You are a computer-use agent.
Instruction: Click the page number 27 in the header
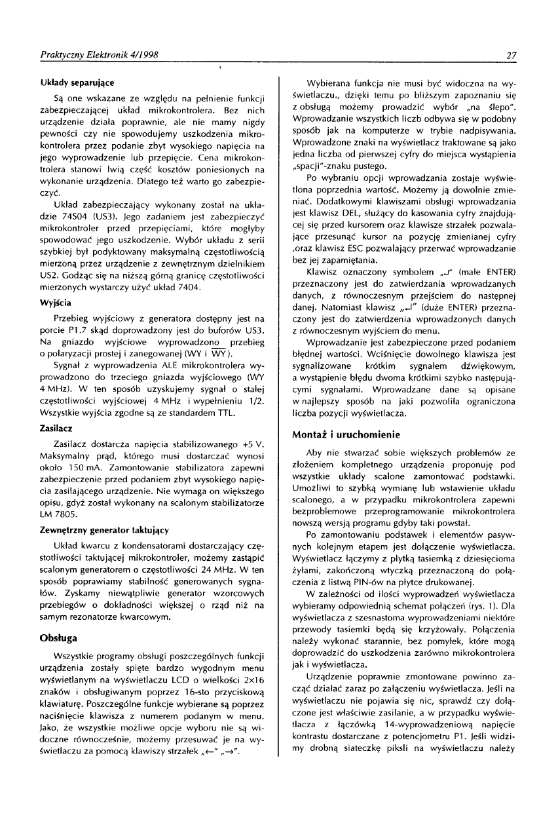point(513,55)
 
